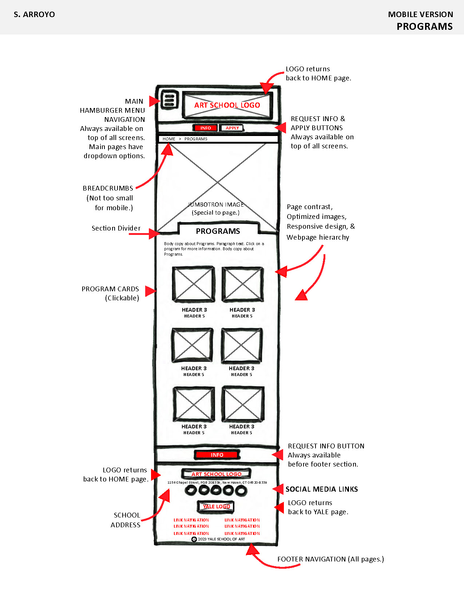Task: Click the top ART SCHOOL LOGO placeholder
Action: [227, 105]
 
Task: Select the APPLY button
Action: [232, 128]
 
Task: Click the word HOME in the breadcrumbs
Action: [169, 139]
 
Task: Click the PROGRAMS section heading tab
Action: [218, 231]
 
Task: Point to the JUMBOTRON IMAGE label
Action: [216, 205]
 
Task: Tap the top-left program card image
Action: [193, 284]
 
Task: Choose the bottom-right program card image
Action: [243, 404]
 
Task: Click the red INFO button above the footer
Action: [217, 455]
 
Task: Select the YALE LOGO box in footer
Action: [216, 506]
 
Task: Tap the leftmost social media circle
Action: [191, 490]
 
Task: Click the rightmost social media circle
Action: [241, 491]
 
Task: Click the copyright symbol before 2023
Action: [194, 539]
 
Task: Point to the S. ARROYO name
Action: [34, 15]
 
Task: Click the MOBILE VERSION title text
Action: [420, 15]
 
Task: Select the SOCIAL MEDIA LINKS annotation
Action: [321, 489]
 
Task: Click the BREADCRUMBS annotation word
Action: [108, 188]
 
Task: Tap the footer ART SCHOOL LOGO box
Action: [216, 474]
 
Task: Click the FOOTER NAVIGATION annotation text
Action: [330, 559]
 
